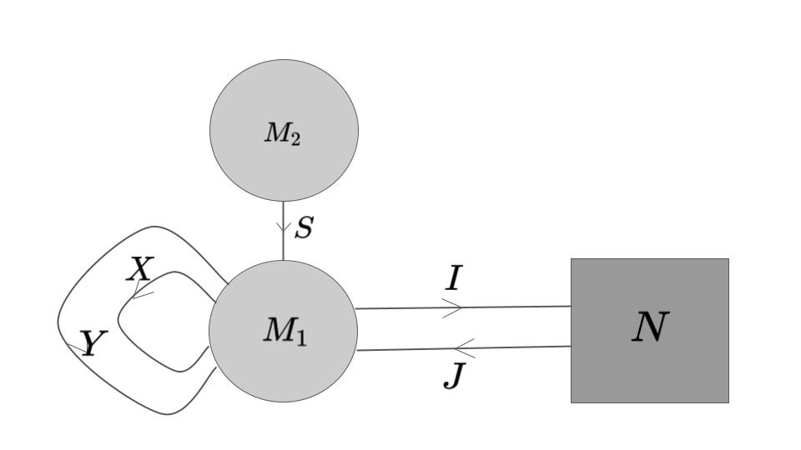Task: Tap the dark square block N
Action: coord(649,367)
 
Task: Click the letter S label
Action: coord(304,227)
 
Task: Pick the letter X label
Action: coord(140,269)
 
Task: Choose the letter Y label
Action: coord(93,343)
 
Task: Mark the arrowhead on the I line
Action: coord(453,308)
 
